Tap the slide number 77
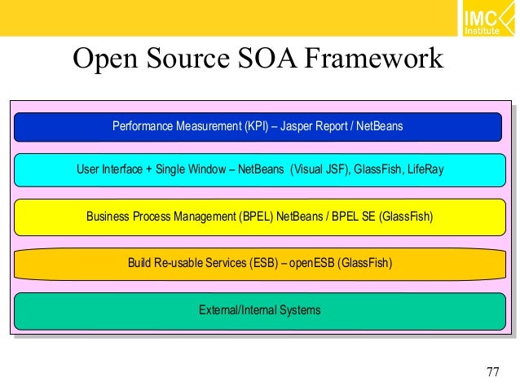(492, 372)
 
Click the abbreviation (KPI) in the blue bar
(255, 127)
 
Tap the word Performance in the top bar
(143, 127)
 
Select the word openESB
(311, 262)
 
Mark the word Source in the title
(187, 59)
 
